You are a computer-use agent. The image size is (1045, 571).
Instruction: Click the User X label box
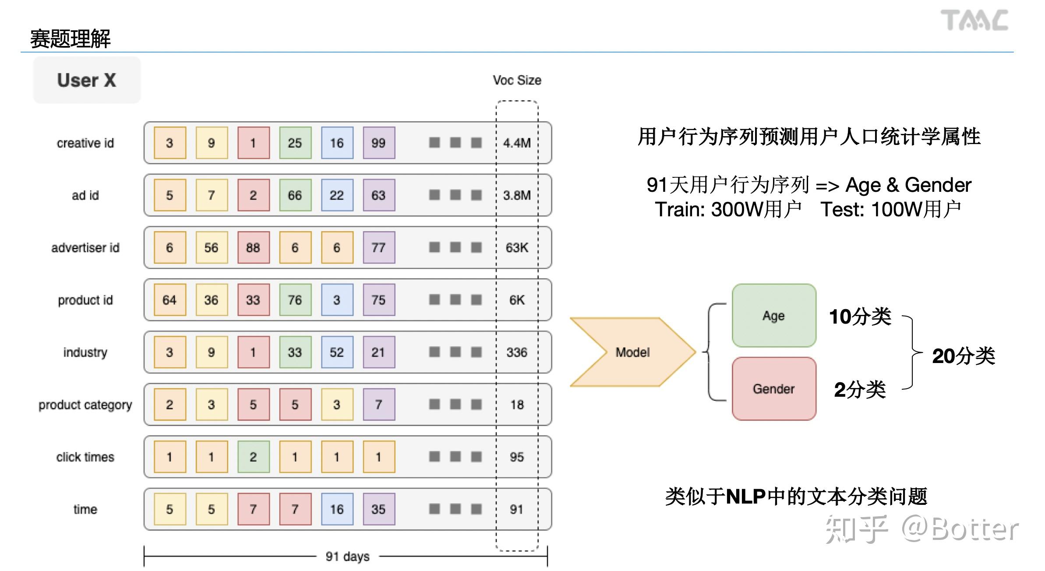click(87, 80)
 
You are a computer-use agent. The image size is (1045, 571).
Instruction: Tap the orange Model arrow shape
click(632, 352)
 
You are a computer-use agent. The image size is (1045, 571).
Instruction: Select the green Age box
click(774, 316)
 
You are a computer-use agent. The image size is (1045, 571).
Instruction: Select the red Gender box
click(774, 389)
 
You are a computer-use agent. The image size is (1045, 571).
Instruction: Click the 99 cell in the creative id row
click(379, 143)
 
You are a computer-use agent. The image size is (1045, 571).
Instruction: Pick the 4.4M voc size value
click(517, 143)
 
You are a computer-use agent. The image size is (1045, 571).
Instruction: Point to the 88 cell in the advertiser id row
click(253, 247)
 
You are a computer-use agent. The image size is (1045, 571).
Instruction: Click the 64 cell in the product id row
click(169, 300)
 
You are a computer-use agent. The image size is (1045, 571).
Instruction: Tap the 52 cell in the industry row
click(337, 352)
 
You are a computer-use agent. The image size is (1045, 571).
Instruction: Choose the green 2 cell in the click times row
click(253, 457)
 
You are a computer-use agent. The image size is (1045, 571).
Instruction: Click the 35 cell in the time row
click(379, 509)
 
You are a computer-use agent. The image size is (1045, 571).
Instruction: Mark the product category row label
click(85, 405)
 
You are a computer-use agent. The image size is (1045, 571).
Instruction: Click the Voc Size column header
click(517, 80)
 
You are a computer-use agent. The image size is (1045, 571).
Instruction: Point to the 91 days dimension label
click(347, 557)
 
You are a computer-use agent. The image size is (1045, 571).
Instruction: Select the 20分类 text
click(963, 356)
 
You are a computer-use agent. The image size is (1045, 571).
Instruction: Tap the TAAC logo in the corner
click(974, 21)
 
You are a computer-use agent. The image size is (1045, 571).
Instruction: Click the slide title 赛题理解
click(70, 39)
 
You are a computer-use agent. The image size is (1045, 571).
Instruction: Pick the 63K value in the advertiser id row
click(517, 247)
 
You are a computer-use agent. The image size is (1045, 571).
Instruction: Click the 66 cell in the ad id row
click(295, 195)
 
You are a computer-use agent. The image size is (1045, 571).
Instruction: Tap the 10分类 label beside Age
click(860, 316)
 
